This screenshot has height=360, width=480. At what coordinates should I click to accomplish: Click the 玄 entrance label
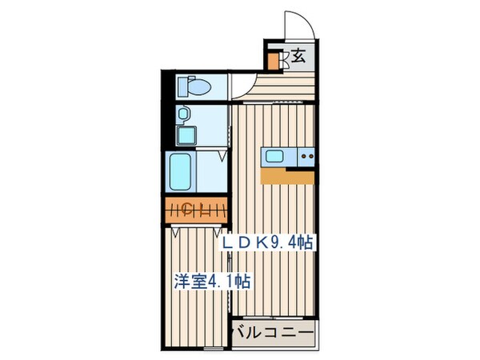coord(298,57)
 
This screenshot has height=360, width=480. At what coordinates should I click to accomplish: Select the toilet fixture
coord(193,85)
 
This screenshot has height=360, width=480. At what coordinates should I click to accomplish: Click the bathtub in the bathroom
coord(180,170)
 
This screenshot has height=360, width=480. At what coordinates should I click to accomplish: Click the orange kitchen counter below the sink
coord(286,175)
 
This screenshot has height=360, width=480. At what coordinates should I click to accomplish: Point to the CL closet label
coord(186,210)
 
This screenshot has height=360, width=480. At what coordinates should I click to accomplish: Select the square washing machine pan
coord(186,135)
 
